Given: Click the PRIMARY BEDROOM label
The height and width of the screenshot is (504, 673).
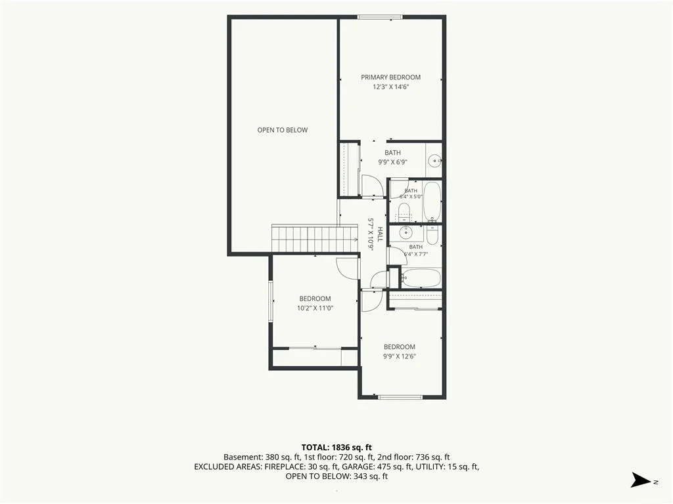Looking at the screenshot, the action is pyautogui.click(x=390, y=77).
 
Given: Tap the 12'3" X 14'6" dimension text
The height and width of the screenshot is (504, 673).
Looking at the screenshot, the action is pyautogui.click(x=390, y=87).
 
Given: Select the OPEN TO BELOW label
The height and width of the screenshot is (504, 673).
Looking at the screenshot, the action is pyautogui.click(x=283, y=130).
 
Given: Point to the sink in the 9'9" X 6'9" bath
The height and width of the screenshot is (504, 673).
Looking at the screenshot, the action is pyautogui.click(x=436, y=161).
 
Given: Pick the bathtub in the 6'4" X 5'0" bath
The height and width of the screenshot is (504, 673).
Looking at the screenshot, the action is pyautogui.click(x=432, y=201).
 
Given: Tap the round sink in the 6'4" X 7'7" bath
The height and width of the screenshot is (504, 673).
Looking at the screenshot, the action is pyautogui.click(x=406, y=234).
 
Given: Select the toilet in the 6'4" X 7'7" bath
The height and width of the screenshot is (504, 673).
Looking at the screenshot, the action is pyautogui.click(x=432, y=234).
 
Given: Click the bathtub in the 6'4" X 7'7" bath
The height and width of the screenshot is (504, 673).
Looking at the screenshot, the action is pyautogui.click(x=422, y=278).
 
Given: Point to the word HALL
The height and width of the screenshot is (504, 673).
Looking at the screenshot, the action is pyautogui.click(x=380, y=234).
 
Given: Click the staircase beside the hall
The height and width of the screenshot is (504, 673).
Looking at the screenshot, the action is pyautogui.click(x=315, y=238).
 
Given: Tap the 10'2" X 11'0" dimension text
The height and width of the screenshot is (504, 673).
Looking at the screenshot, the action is pyautogui.click(x=315, y=308).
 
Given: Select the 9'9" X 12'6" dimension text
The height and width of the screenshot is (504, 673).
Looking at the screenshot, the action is pyautogui.click(x=400, y=356).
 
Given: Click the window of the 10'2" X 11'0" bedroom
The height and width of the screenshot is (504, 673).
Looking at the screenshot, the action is pyautogui.click(x=271, y=301).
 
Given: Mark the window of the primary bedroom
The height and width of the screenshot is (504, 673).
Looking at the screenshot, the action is pyautogui.click(x=380, y=17).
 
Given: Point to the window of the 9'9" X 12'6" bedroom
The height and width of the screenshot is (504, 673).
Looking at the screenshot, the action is pyautogui.click(x=400, y=397).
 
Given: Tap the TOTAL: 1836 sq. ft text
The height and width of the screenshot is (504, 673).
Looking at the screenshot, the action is pyautogui.click(x=336, y=448).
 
